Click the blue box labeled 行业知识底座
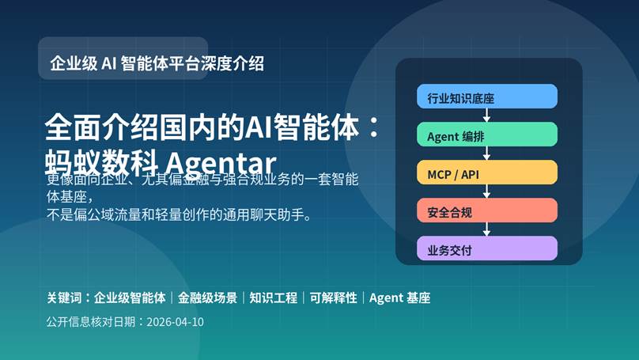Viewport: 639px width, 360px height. coord(487,97)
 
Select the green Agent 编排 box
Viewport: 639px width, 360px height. coord(487,135)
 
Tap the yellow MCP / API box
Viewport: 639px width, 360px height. coord(487,172)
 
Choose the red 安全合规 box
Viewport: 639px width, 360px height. coord(487,210)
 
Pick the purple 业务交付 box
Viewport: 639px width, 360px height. coord(487,248)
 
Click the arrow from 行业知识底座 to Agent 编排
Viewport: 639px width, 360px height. coord(487,116)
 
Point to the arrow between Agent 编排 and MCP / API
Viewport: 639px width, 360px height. coord(487,153)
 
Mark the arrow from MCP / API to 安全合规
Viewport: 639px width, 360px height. coord(487,191)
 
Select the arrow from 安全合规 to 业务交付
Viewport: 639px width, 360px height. coord(487,229)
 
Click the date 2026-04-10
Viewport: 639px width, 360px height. coord(175,322)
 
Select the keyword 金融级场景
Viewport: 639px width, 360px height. coord(207,298)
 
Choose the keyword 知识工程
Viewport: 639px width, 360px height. coord(274,298)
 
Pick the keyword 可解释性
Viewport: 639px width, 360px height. coord(333,298)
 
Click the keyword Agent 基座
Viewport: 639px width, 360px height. coord(399,298)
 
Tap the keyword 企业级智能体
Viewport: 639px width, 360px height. coord(130,298)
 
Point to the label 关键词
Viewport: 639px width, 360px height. coord(64,298)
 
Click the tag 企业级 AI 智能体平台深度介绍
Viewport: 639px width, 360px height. coord(157,63)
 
